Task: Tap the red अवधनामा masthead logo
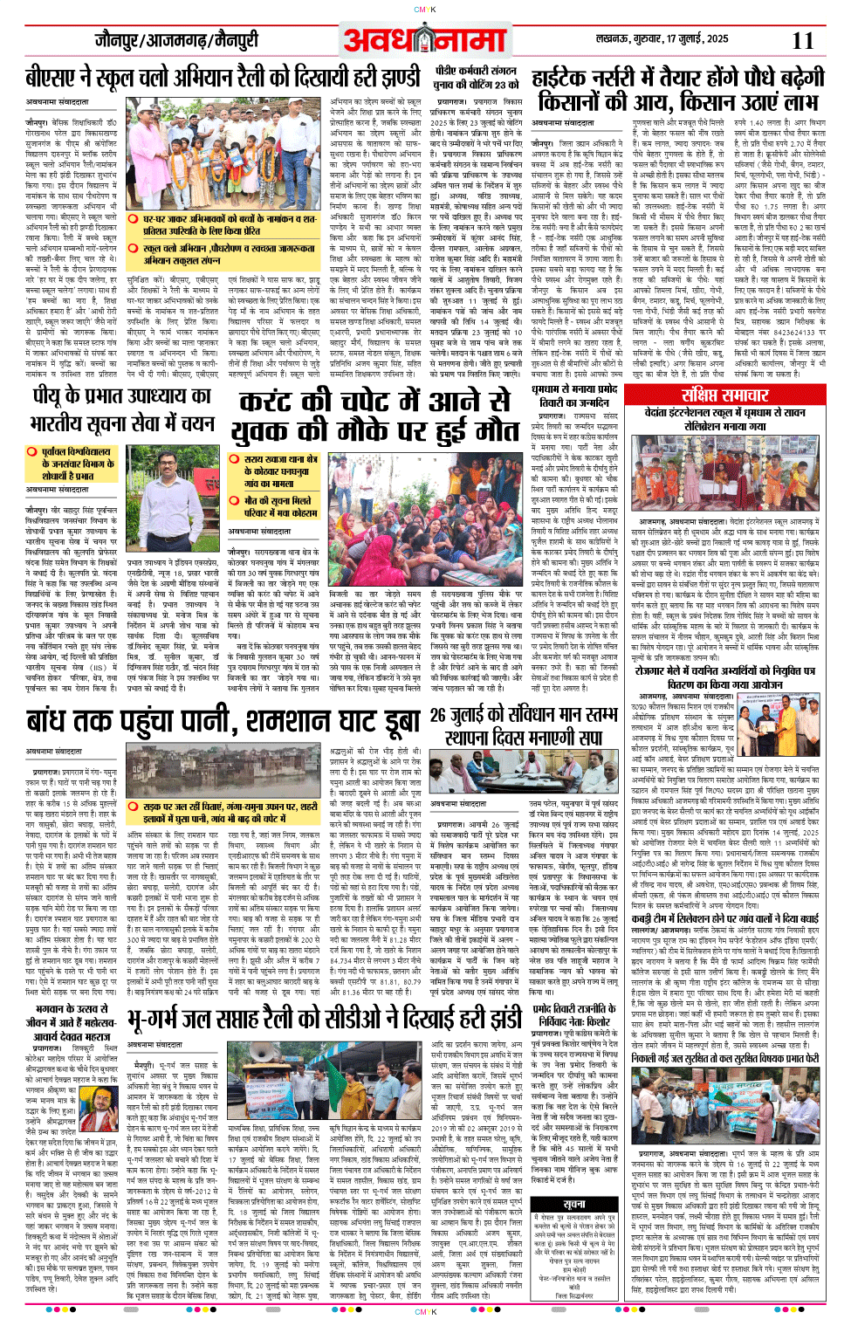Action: coord(424,40)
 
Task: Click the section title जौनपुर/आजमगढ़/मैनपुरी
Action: coord(176,40)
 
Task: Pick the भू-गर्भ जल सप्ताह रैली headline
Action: coord(324,1019)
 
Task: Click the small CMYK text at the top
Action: coord(425,9)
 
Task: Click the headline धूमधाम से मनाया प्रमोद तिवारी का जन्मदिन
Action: coord(574,395)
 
